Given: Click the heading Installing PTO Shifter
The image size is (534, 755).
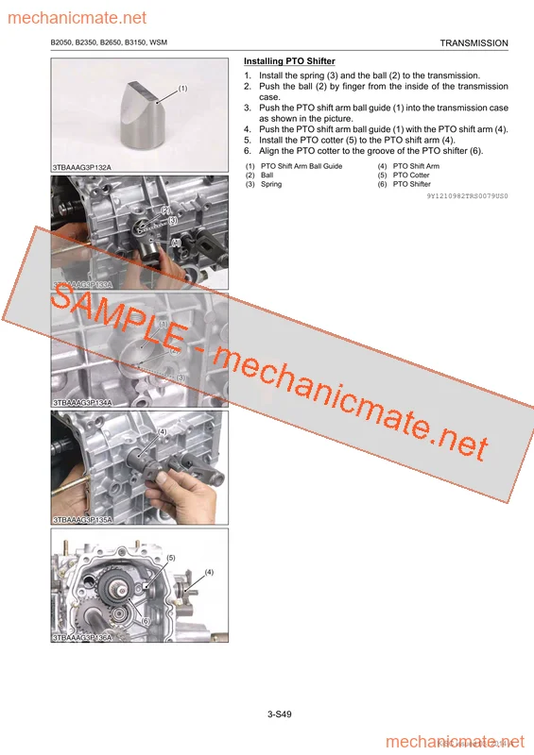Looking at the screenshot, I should tap(289, 61).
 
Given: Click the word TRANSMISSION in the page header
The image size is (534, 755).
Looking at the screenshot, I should tap(474, 43).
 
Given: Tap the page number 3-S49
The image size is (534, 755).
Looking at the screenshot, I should tap(279, 714).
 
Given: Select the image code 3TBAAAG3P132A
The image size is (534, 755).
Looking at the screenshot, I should tap(82, 167).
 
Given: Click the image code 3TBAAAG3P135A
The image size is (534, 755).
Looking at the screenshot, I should tap(82, 519).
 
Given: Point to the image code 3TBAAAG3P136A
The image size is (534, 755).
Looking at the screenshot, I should tap(82, 638).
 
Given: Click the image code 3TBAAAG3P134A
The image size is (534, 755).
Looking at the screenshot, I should tap(82, 402).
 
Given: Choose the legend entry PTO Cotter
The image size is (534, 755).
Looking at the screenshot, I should tap(411, 176).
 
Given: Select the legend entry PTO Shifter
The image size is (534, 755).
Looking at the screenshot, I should tap(411, 184).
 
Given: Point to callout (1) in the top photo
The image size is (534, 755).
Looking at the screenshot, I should tap(182, 88).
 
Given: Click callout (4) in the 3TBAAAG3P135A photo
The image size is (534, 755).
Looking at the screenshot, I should tap(162, 431).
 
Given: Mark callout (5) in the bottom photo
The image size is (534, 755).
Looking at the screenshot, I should tap(171, 558).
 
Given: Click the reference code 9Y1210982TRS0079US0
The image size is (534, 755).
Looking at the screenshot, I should tap(467, 195).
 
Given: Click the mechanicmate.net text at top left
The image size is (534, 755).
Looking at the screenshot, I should tap(75, 18).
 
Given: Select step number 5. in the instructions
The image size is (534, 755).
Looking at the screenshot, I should tap(248, 140).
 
